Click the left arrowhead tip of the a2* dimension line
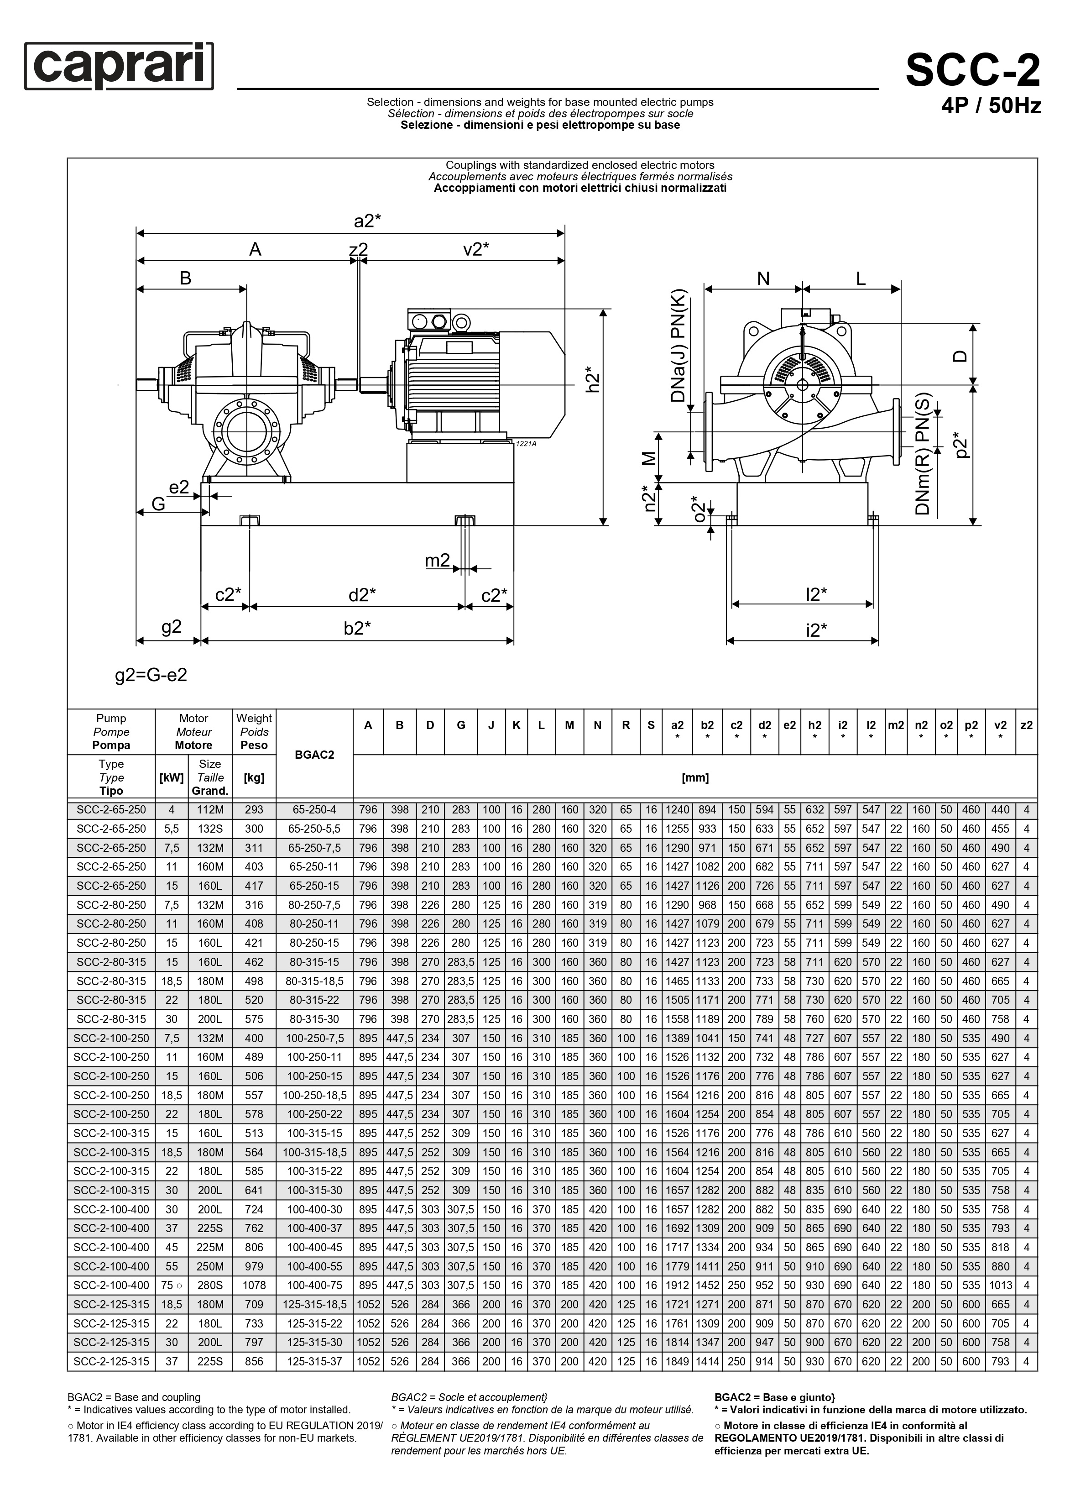tap(137, 232)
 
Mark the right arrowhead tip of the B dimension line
tap(246, 289)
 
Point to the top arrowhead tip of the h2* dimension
tap(603, 309)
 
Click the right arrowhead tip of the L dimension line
tap(901, 289)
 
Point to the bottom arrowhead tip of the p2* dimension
tap(973, 525)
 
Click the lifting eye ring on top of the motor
tap(460, 322)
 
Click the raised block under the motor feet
tap(460, 462)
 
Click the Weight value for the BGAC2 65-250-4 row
tap(254, 810)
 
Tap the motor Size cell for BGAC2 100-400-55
tap(210, 1266)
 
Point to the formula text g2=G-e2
tap(151, 675)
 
